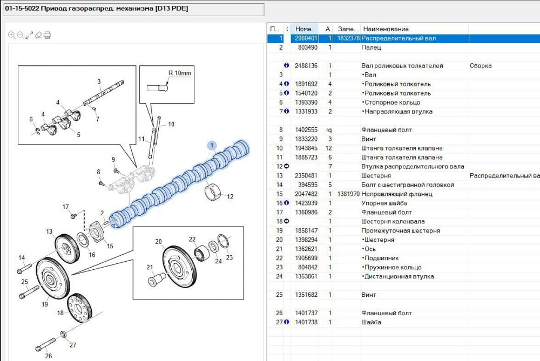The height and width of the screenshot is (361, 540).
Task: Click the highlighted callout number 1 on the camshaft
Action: pos(212,145)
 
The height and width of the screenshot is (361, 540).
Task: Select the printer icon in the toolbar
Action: pos(47,35)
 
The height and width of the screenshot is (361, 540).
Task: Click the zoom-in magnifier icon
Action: pos(11,35)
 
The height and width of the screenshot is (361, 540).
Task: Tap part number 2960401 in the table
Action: pos(307,38)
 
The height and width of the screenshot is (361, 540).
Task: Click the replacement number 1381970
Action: pos(348,194)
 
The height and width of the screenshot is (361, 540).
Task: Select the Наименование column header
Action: pos(386,29)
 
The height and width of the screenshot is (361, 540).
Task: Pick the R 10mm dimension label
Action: pos(180,73)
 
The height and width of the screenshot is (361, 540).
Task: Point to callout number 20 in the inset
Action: pos(158,241)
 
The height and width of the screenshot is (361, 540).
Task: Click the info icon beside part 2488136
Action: pos(287,66)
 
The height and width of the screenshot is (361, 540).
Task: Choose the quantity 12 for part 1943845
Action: pos(329,148)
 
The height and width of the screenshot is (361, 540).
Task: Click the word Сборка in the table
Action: pos(481,66)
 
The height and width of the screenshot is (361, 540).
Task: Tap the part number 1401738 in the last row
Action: pos(307,322)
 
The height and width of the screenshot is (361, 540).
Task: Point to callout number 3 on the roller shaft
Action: pos(99,81)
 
